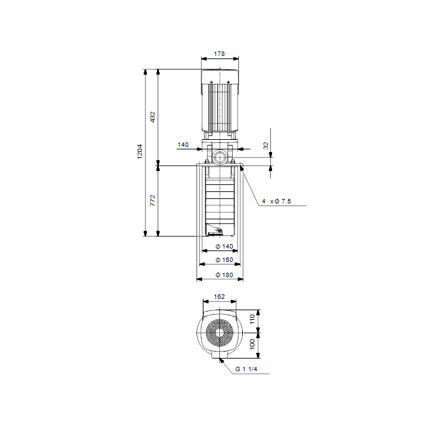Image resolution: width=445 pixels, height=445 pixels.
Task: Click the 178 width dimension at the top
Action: click(x=219, y=53)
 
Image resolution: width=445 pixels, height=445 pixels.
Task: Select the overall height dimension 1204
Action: click(x=140, y=151)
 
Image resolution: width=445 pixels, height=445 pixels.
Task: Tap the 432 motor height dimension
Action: click(x=153, y=117)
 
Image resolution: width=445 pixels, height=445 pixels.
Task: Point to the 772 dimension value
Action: click(x=153, y=200)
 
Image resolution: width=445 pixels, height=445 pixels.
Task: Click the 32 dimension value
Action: click(x=266, y=146)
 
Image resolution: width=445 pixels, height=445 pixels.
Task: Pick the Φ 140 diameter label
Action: click(x=224, y=247)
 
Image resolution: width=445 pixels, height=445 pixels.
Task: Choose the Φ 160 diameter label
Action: click(x=224, y=259)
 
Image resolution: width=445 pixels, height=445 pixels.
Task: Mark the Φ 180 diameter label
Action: click(x=224, y=275)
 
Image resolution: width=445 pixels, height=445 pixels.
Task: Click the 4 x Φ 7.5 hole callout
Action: click(x=277, y=202)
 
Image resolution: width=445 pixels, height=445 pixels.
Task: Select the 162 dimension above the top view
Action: click(x=219, y=297)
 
